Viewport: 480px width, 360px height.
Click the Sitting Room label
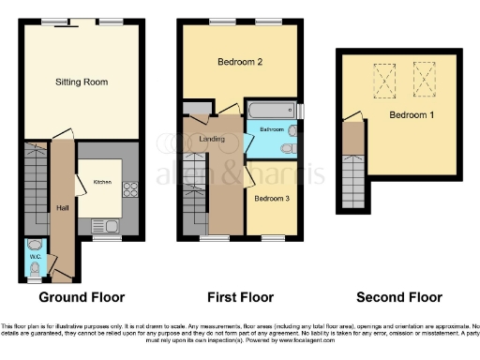pyautogui.click(x=81, y=82)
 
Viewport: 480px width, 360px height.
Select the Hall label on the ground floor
pyautogui.click(x=63, y=208)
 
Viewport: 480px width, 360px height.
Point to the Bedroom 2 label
pyautogui.click(x=239, y=63)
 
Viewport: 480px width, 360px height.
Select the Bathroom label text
pyautogui.click(x=272, y=129)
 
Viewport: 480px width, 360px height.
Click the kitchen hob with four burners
pyautogui.click(x=130, y=188)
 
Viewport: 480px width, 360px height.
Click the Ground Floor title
pyautogui.click(x=81, y=297)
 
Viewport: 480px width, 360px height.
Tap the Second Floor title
pyautogui.click(x=398, y=297)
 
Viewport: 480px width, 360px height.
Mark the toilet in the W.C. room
pyautogui.click(x=36, y=269)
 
